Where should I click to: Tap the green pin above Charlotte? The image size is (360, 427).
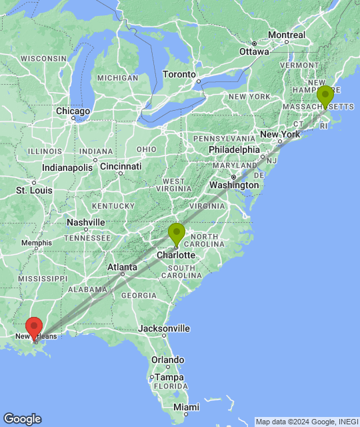177,234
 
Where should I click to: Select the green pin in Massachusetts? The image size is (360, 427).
325,96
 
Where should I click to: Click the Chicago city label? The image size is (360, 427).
73,111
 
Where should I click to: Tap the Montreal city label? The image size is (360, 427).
287,35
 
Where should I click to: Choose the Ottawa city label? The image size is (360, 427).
255,51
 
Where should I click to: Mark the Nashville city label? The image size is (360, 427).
86,222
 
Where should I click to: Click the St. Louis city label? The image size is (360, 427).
34,190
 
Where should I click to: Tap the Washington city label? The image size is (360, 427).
233,184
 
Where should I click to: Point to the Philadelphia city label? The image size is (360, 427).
233,149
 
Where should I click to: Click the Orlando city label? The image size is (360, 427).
167,360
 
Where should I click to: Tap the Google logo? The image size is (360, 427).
22,419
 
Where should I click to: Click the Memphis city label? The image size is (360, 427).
36,243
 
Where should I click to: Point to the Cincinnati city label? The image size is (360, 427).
121,165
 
